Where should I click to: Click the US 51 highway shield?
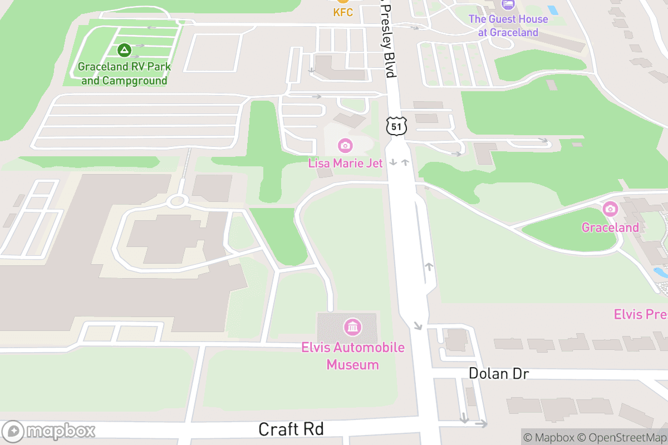pyautogui.click(x=396, y=126)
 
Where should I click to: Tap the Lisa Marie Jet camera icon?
pyautogui.click(x=345, y=146)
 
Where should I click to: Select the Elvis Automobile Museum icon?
pyautogui.click(x=352, y=327)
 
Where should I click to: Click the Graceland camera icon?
pyautogui.click(x=610, y=209)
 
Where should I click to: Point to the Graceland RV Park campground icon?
pyautogui.click(x=124, y=51)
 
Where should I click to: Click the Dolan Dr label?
pyautogui.click(x=498, y=373)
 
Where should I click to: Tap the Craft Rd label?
pyautogui.click(x=291, y=429)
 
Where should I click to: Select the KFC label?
pyautogui.click(x=343, y=12)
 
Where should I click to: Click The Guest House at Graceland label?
pyautogui.click(x=508, y=26)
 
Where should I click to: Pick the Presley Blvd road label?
pyautogui.click(x=389, y=42)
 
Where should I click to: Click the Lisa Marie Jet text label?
pyautogui.click(x=345, y=163)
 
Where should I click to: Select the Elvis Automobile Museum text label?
pyautogui.click(x=352, y=356)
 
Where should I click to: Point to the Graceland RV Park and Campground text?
pyautogui.click(x=124, y=73)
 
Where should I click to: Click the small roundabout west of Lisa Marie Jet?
pyautogui.click(x=178, y=200)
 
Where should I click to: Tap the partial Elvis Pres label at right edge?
pyautogui.click(x=641, y=314)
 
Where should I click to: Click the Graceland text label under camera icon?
pyautogui.click(x=610, y=228)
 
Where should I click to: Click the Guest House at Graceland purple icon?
pyautogui.click(x=508, y=4)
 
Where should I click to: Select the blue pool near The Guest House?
pyautogui.click(x=552, y=10)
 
